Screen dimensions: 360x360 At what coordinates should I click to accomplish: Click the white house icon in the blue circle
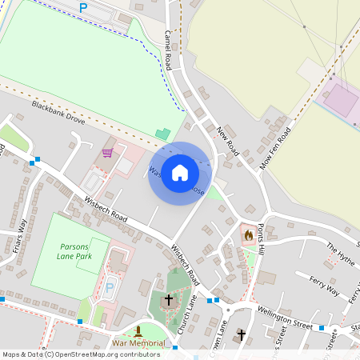pos(180,173)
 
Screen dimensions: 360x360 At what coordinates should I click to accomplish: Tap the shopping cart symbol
pos(108,153)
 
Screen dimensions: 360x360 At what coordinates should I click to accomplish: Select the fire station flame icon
pos(248,235)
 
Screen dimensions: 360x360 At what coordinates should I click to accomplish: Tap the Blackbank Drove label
pos(58,112)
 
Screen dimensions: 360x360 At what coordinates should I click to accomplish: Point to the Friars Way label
pos(22,236)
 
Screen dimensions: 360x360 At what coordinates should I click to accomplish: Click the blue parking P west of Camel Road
pos(82,8)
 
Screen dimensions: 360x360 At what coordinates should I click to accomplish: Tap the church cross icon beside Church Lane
pos(168,300)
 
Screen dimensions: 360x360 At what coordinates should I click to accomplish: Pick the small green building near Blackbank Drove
pos(163,134)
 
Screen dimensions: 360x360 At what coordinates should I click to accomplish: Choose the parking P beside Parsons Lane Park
pos(110,286)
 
